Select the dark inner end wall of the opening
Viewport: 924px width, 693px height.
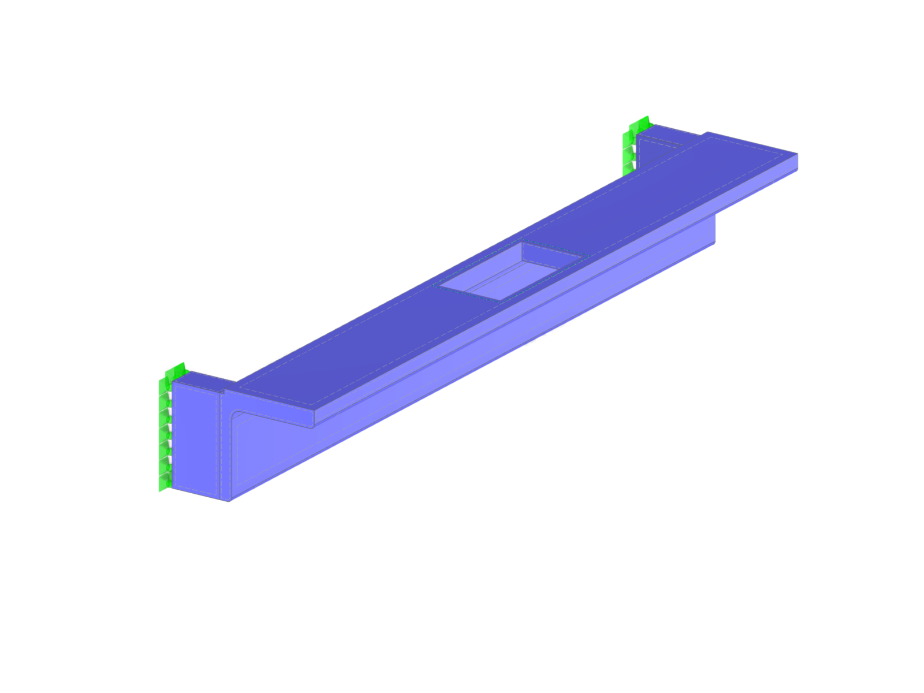[x=549, y=254]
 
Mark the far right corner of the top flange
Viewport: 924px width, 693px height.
[x=797, y=154]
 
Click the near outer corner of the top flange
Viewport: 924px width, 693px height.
[x=314, y=409]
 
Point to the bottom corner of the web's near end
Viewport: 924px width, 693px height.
[x=230, y=500]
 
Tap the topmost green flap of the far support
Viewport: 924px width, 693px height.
[x=641, y=122]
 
